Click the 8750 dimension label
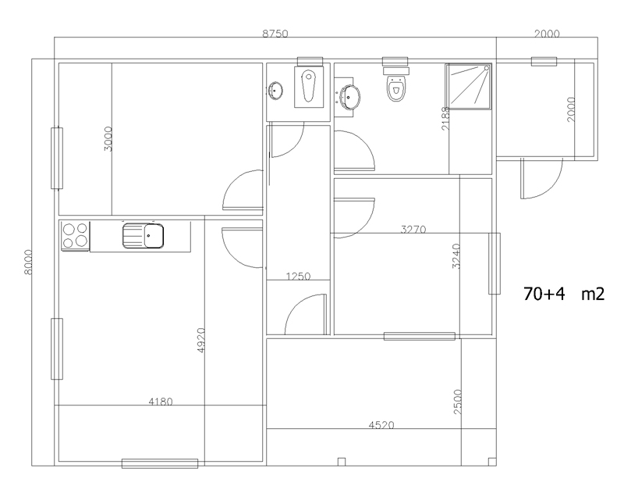coord(275,34)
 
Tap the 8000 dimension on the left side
coord(28,262)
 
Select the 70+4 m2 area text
coord(564,294)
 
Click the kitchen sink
coord(143,235)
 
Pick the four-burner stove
coord(75,236)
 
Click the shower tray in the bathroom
coord(469,86)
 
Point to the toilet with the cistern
coord(396,84)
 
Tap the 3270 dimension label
coord(413,229)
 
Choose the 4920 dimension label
coord(201,340)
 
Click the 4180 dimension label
coord(161,402)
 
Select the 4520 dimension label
coord(381,425)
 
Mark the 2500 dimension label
coord(458,402)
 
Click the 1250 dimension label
coord(298,276)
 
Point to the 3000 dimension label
coord(108,139)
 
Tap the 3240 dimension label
coord(456,256)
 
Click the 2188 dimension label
coord(445,118)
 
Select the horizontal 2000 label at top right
coord(547,34)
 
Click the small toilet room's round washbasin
coord(275,90)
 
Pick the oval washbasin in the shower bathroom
coord(351,97)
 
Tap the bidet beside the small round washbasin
coord(308,87)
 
